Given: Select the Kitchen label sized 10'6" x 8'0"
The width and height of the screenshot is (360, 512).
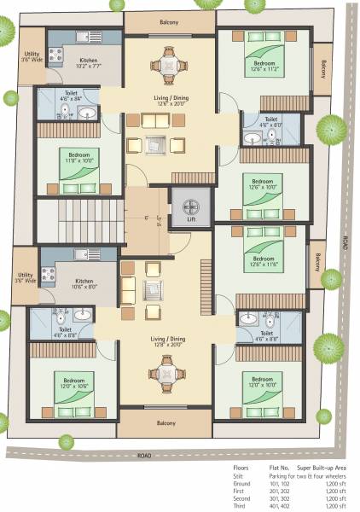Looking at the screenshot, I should [84, 284].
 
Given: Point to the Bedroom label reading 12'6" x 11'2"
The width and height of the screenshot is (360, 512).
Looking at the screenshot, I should [264, 65].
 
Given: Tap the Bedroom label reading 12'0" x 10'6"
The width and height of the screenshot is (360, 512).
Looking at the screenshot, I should [72, 382].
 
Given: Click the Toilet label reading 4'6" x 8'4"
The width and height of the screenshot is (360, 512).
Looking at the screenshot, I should [71, 96].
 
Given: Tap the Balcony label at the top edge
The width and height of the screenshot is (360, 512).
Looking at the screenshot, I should [169, 22].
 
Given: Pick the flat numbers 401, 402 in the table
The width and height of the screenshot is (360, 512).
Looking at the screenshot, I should [280, 505].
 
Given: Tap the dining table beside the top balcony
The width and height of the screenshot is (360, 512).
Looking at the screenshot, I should [168, 63].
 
